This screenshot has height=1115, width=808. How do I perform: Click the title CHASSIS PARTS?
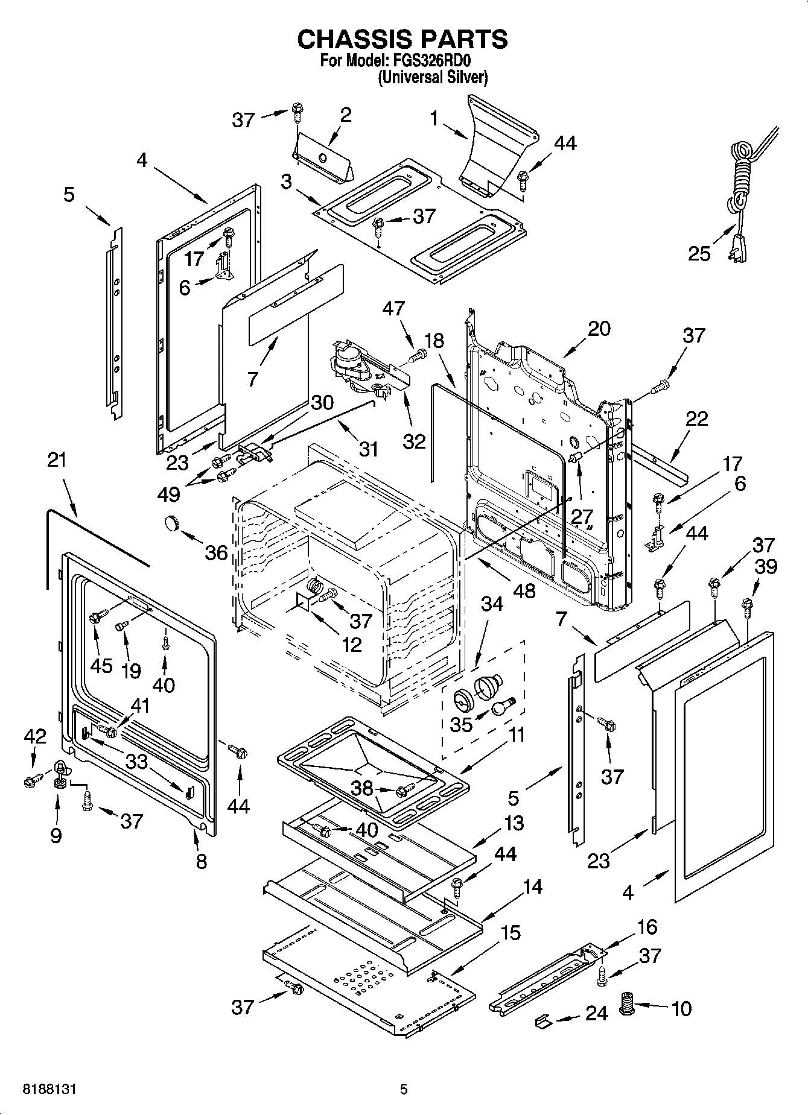pyautogui.click(x=402, y=39)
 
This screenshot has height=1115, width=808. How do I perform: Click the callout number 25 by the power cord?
pyautogui.click(x=699, y=253)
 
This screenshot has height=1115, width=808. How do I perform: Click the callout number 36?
pyautogui.click(x=217, y=552)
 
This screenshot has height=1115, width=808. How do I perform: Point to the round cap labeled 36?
pyautogui.click(x=173, y=523)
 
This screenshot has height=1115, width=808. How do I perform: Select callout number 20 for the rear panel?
pyautogui.click(x=599, y=329)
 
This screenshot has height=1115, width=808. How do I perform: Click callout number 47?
pyautogui.click(x=394, y=309)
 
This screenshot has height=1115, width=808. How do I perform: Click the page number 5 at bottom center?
pyautogui.click(x=404, y=1089)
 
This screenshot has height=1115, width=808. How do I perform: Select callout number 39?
pyautogui.click(x=765, y=567)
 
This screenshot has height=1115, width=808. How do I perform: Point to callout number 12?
pyautogui.click(x=351, y=644)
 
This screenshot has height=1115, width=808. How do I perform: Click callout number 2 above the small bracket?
pyautogui.click(x=345, y=115)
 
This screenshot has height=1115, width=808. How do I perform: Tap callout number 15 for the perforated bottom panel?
pyautogui.click(x=510, y=933)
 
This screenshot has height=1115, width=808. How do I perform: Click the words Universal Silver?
pyautogui.click(x=432, y=77)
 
